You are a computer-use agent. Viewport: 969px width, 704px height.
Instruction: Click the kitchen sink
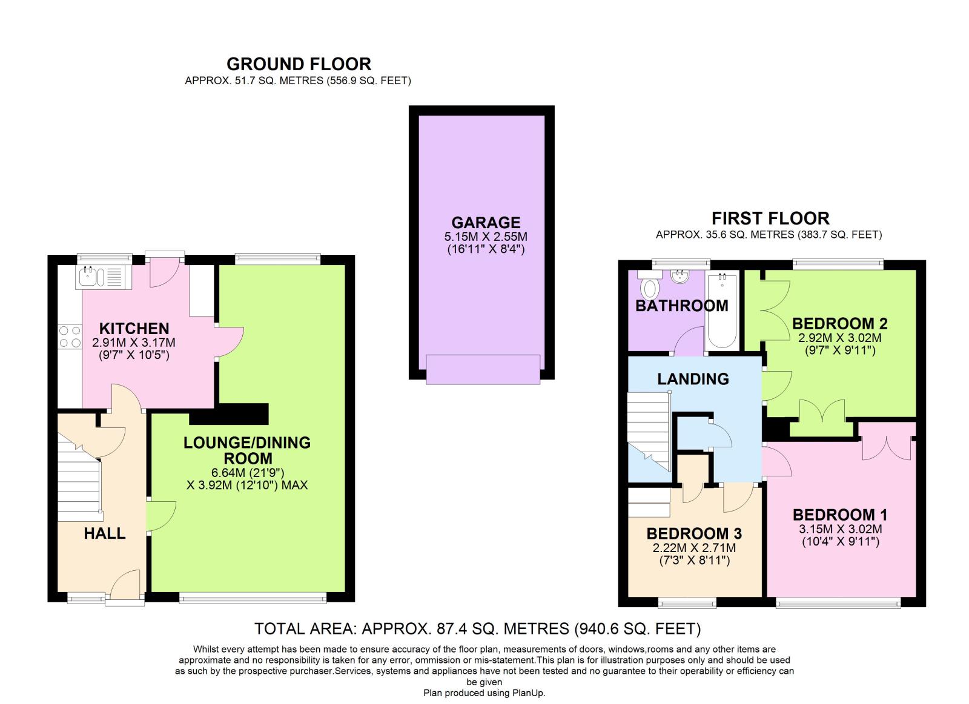(101, 277)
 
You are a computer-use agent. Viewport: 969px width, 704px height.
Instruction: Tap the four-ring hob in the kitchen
(70, 337)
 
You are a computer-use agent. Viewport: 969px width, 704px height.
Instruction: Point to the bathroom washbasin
(681, 277)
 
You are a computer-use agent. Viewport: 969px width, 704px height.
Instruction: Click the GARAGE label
(486, 222)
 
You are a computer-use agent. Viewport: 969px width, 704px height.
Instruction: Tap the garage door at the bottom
(483, 369)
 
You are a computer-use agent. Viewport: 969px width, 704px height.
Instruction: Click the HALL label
(105, 533)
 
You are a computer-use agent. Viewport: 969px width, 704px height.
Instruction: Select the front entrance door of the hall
(125, 585)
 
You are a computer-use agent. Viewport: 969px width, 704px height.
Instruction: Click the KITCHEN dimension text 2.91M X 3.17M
(134, 343)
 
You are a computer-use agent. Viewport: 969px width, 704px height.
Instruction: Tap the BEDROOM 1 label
(840, 515)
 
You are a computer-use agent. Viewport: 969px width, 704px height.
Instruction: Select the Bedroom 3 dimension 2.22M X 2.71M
(694, 548)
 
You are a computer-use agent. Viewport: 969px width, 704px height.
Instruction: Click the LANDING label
(693, 379)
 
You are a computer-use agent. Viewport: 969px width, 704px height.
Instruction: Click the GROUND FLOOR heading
(299, 64)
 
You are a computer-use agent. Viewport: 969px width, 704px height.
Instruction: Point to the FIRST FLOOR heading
(770, 218)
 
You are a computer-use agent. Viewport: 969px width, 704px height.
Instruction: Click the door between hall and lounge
(161, 516)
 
